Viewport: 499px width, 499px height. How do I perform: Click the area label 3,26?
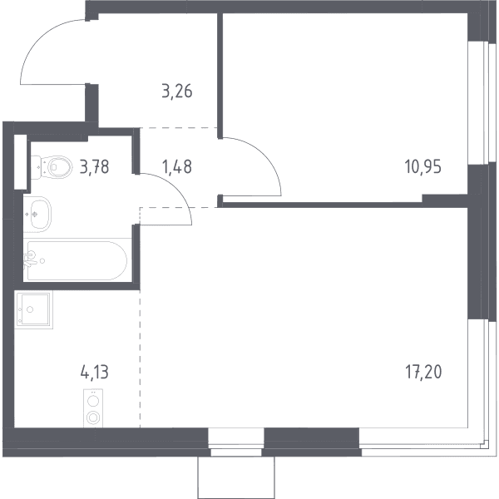click(x=177, y=91)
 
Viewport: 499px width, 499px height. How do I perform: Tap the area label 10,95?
click(x=423, y=166)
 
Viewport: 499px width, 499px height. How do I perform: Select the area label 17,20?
click(x=423, y=372)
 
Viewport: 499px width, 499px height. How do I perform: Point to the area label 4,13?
click(x=95, y=372)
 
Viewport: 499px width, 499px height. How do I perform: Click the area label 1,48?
click(x=177, y=166)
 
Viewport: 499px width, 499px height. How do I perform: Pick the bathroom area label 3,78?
click(x=95, y=166)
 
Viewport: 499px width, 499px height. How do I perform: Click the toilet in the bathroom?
click(x=52, y=167)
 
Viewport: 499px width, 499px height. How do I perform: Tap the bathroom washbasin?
click(x=37, y=214)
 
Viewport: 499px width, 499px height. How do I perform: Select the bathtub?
click(x=77, y=260)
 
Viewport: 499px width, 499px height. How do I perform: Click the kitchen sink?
click(x=33, y=309)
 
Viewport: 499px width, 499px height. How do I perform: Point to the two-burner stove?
click(x=93, y=408)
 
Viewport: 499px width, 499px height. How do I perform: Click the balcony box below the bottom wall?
click(x=236, y=477)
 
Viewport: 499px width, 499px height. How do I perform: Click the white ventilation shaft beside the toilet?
click(x=20, y=162)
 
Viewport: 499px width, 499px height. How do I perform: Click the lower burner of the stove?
click(x=93, y=417)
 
